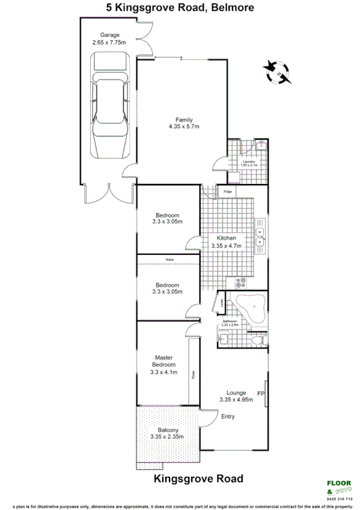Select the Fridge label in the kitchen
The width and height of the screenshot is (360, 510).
pos(227,192)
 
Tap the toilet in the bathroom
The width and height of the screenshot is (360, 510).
pos(257,340)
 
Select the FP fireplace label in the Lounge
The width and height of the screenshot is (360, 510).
pos(261,394)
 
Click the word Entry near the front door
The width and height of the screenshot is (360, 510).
pos(228,416)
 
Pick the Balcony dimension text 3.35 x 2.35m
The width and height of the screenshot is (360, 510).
pos(168,438)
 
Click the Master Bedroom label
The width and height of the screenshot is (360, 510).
pos(163,361)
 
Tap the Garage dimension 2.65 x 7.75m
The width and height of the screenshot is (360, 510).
pos(109,43)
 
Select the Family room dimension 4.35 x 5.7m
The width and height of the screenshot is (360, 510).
pos(183,126)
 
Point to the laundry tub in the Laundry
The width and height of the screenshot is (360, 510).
pos(260,146)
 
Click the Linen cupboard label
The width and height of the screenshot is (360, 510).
pos(222,304)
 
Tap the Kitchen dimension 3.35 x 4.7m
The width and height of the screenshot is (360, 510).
pos(226,245)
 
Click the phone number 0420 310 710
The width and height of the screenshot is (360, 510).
pos(339,499)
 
